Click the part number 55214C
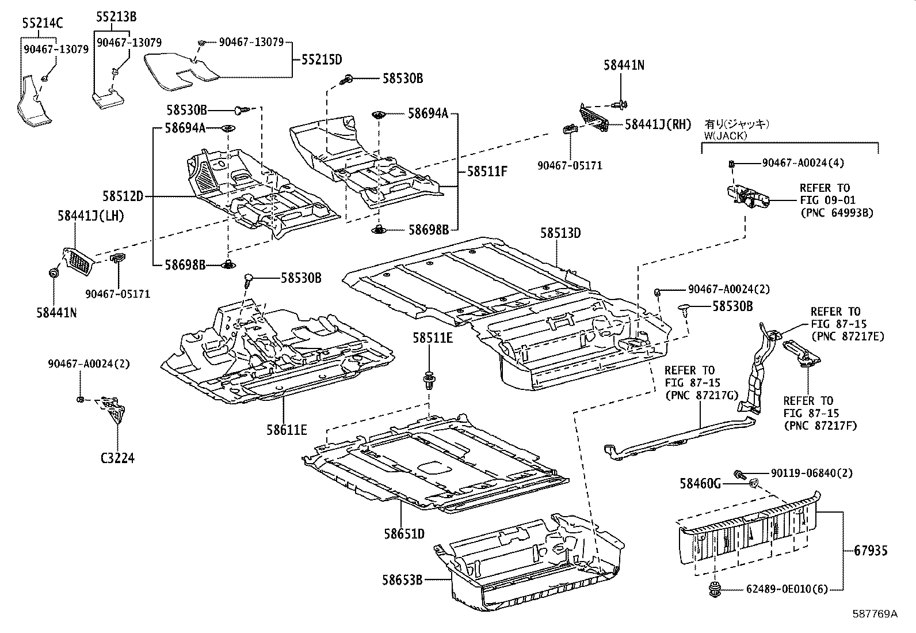coord(43,24)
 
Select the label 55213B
coord(117,17)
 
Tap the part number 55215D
coord(322,60)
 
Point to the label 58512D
coord(123,196)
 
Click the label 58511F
coord(487,171)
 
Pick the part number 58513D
coord(560,233)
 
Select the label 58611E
coord(287,430)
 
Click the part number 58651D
coord(404,534)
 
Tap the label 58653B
coord(402,580)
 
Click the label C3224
coord(118,458)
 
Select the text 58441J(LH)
coord(91,216)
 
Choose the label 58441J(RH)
coord(658,124)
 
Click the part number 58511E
coord(433,338)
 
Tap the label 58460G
coord(700,484)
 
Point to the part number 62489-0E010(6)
coord(787,589)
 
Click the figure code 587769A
coord(875,613)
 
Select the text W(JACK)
coord(726,135)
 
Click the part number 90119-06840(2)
coord(812,473)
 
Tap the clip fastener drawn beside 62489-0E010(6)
coord(715,590)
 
